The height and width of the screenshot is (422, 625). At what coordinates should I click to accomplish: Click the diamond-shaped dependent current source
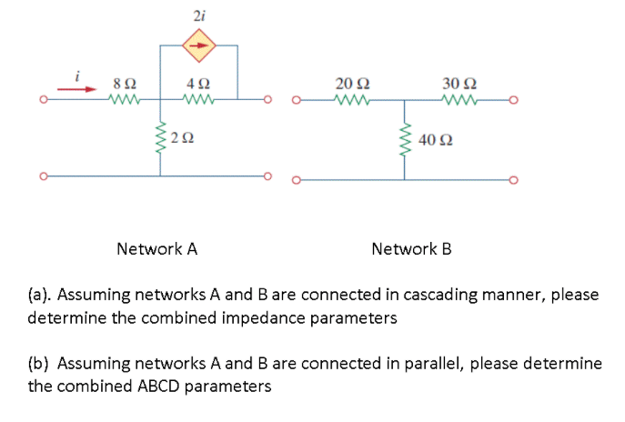(x=199, y=43)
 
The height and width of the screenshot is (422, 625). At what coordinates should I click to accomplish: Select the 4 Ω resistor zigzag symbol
(x=199, y=98)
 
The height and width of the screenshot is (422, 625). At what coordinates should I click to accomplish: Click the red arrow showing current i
(x=77, y=88)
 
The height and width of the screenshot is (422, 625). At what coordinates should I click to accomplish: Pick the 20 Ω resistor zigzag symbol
(x=350, y=98)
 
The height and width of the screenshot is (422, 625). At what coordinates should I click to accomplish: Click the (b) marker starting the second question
(x=39, y=363)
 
